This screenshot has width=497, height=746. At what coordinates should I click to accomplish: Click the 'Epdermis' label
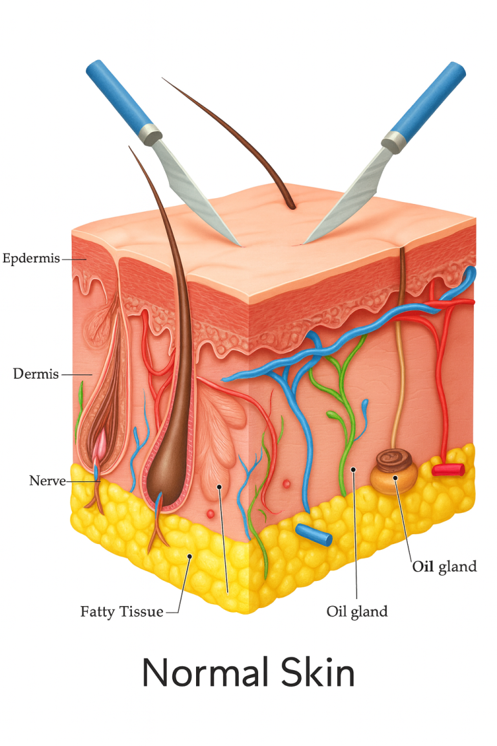(31, 259)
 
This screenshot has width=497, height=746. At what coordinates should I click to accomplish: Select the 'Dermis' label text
(36, 374)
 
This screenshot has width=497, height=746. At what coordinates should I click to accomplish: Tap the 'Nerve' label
(47, 481)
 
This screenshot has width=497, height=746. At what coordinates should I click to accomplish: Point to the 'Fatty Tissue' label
(122, 611)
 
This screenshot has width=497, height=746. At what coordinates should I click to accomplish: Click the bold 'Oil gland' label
(445, 567)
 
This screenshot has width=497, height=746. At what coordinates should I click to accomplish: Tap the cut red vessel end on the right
(448, 469)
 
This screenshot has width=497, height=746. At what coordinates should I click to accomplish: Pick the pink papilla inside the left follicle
(101, 447)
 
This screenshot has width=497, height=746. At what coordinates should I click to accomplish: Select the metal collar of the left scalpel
(151, 134)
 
